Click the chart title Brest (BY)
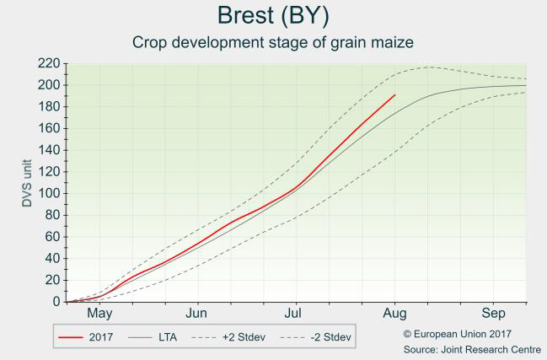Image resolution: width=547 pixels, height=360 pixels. coord(273,15)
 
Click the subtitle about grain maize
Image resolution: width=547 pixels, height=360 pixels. coord(273,42)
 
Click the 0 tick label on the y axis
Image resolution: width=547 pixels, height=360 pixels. coord(56,301)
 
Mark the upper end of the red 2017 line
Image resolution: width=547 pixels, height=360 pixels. coord(394,95)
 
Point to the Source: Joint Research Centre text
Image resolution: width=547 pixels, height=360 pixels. coord(473,349)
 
